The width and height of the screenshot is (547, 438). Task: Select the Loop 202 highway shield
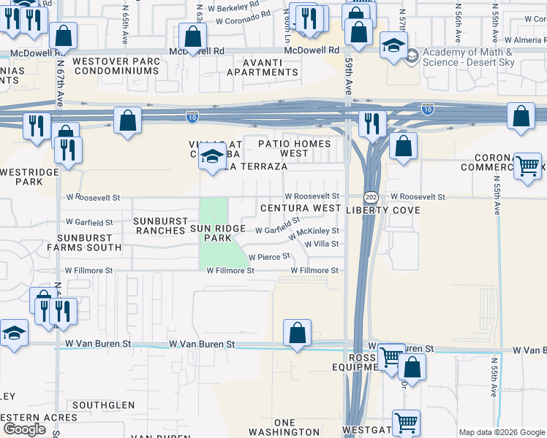(370, 197)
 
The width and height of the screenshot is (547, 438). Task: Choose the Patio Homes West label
(294, 149)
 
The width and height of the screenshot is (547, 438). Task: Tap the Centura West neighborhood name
(301, 209)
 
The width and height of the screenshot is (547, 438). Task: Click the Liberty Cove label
(383, 210)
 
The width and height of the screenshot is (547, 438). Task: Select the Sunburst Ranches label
(159, 225)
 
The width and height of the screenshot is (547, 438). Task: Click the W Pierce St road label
(270, 257)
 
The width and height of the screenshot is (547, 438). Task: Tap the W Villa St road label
(322, 244)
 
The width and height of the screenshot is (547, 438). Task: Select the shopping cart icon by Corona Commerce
(527, 166)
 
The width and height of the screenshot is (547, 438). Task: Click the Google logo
(24, 429)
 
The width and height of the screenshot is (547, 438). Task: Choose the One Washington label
(284, 428)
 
